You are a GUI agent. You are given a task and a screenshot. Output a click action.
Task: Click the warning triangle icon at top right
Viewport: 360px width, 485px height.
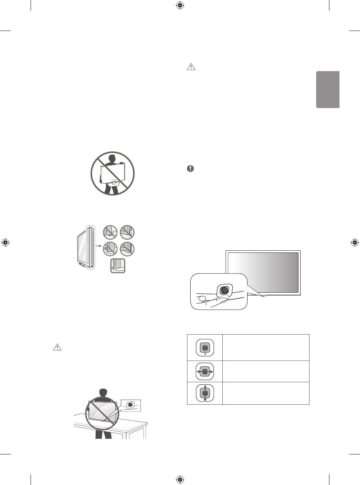tap(191, 66)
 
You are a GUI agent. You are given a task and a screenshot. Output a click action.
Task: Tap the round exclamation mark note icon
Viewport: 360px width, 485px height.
tap(191, 169)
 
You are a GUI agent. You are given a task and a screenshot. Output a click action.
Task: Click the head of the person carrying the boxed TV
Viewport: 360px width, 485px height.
tap(112, 158)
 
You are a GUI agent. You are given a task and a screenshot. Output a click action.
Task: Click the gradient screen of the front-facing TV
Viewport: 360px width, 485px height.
tap(263, 272)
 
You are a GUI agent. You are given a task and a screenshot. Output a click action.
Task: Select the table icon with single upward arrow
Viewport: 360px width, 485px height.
tap(205, 347)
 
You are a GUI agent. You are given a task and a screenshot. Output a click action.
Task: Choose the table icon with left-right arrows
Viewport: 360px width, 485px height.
tap(205, 371)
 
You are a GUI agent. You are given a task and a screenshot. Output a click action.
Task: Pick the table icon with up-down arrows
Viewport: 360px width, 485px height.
tap(205, 393)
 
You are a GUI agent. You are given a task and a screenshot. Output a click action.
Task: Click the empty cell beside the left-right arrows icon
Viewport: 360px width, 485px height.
tap(265, 371)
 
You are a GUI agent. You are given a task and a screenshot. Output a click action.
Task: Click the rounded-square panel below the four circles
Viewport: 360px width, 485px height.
tap(118, 266)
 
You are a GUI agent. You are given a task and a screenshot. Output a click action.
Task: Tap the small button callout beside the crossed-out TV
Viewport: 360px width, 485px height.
tap(131, 405)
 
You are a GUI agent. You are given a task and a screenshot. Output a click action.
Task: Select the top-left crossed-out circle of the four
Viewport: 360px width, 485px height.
tap(110, 232)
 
